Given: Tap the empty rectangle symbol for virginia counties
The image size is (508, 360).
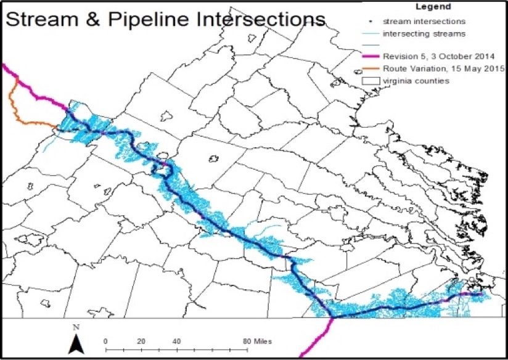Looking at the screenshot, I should click(369, 80).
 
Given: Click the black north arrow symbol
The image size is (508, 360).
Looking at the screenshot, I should click(75, 345).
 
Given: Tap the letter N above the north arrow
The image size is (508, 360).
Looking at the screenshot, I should click(75, 327).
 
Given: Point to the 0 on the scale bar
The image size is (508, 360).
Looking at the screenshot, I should click(106, 341).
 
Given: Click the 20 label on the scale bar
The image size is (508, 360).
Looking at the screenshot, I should click(141, 341).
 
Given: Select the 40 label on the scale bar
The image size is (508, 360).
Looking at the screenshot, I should click(176, 341).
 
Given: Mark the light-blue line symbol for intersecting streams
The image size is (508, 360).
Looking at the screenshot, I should click(369, 35).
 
